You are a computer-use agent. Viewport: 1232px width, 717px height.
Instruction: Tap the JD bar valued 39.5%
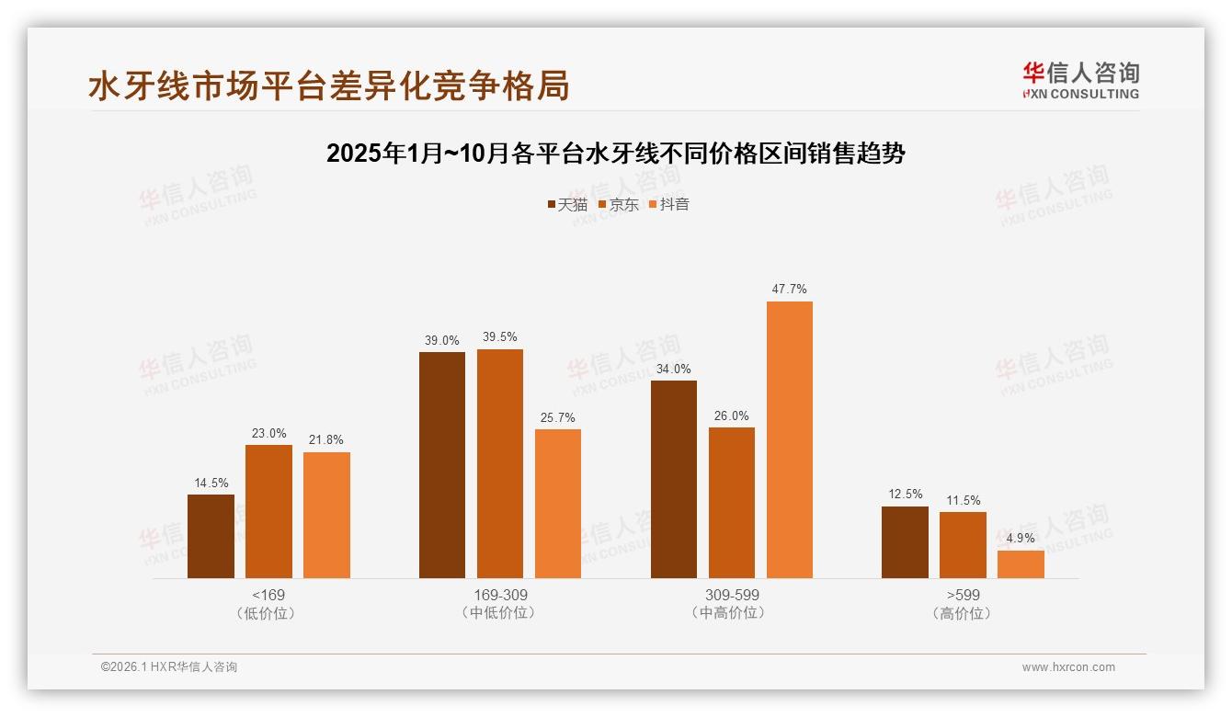pos(499,463)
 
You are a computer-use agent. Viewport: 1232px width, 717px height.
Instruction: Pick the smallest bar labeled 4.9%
pos(1021,564)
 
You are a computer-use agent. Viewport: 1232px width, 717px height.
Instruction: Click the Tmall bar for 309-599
pos(673,479)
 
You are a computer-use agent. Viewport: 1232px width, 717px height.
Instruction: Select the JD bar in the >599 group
pos(963,545)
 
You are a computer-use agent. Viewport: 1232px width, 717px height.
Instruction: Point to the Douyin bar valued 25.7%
pos(558,504)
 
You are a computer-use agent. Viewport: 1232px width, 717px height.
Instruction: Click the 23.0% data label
pos(268,433)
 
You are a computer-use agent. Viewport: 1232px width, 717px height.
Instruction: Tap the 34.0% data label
pos(673,369)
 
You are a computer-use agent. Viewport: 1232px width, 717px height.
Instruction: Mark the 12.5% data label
pos(905,495)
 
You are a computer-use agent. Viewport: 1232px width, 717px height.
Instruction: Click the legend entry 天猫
pos(567,204)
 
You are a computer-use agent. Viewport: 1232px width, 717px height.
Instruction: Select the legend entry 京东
pos(619,204)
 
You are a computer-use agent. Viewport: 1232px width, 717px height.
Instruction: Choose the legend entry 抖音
pos(669,204)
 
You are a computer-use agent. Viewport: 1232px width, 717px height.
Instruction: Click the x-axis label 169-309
pos(500,595)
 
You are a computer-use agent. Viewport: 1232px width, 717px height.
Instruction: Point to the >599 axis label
pos(963,595)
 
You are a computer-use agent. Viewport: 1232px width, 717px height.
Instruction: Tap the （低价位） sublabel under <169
pos(268,613)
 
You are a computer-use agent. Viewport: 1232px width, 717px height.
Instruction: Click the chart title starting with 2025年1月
pos(616,154)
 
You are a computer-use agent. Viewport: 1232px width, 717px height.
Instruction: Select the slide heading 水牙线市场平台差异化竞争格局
pos(329,85)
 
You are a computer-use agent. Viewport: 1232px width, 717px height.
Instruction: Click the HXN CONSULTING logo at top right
pos(1081,81)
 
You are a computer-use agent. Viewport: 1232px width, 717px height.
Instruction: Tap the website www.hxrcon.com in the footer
pos(1068,667)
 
